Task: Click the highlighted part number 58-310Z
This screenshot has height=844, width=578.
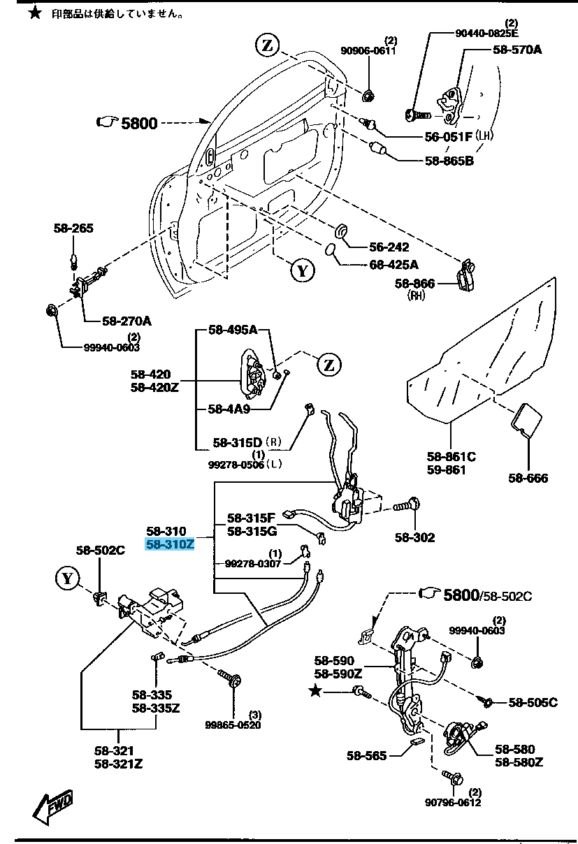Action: pos(169,544)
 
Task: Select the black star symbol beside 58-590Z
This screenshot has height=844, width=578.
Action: pos(316,691)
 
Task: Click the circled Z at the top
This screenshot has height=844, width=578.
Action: pos(266,45)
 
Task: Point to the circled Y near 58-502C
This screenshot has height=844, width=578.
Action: pos(67,578)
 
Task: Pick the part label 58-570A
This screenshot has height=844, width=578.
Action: pos(517,50)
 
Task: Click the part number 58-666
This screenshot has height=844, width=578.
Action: pos(528,478)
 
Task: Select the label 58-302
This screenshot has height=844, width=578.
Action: pos(414,537)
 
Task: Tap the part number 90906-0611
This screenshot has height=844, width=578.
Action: pos(368,50)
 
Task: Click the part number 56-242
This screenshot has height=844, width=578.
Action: pos(389,247)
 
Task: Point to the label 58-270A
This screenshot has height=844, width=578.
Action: pos(127,321)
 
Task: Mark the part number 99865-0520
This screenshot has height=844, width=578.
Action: pos(233,725)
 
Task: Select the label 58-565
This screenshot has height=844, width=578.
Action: pos(366,755)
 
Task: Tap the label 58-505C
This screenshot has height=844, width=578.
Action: pos(533,703)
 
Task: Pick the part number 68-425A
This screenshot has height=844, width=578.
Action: pos(394,265)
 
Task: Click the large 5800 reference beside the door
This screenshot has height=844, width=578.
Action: pos(139,124)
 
